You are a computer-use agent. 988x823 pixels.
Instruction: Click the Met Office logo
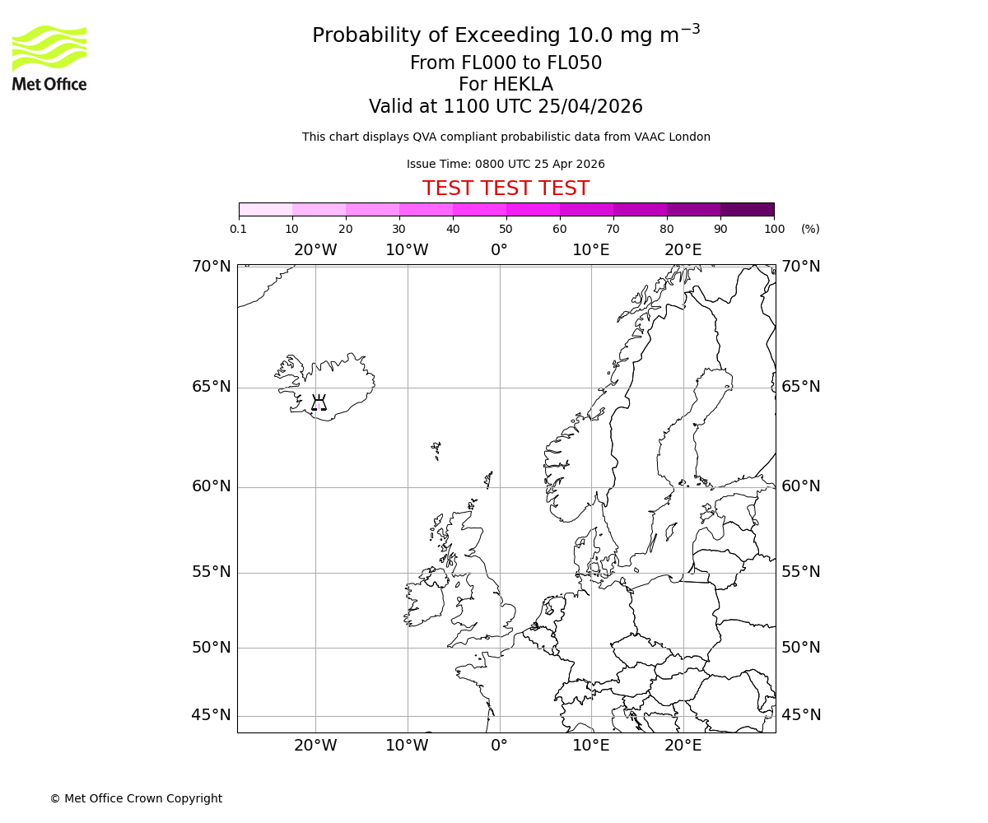(x=49, y=58)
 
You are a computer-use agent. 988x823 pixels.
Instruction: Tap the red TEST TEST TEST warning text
(x=506, y=188)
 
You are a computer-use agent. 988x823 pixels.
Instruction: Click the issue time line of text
(x=506, y=164)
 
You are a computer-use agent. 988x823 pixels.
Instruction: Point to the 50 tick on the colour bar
(x=506, y=229)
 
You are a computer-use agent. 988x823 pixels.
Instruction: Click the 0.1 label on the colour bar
(x=239, y=229)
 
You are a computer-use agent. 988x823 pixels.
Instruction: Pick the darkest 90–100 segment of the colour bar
(x=747, y=209)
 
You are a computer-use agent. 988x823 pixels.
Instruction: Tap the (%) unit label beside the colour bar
(x=810, y=229)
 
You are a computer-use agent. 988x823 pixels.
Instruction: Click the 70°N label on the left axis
(x=212, y=266)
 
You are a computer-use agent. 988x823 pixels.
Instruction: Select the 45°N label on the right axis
(x=800, y=714)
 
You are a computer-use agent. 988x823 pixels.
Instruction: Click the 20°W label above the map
(x=315, y=250)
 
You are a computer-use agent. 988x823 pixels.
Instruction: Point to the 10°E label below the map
(x=591, y=746)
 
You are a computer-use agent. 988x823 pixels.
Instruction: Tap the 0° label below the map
(x=499, y=746)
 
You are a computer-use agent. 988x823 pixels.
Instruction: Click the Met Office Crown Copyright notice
(x=136, y=798)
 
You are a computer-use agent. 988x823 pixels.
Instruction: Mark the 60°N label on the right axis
(x=800, y=486)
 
